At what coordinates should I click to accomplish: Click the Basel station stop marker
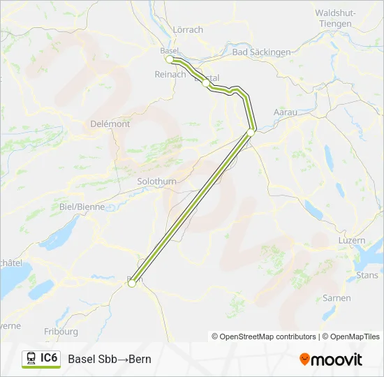pyautogui.click(x=170, y=59)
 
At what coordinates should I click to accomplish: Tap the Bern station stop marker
pyautogui.click(x=131, y=283)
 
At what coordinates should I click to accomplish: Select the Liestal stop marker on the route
pyautogui.click(x=205, y=82)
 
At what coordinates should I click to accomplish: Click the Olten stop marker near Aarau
pyautogui.click(x=251, y=131)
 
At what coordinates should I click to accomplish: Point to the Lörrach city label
pyautogui.click(x=187, y=29)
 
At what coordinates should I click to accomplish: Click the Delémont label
pyautogui.click(x=110, y=124)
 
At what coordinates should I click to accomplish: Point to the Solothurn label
pyautogui.click(x=157, y=182)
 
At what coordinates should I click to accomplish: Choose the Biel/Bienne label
pyautogui.click(x=82, y=207)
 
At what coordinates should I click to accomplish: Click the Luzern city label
pyautogui.click(x=351, y=240)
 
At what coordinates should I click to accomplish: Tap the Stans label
pyautogui.click(x=367, y=275)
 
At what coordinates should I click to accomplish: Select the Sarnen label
pyautogui.click(x=337, y=297)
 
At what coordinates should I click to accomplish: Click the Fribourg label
pyautogui.click(x=61, y=332)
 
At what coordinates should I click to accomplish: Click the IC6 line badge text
pyautogui.click(x=49, y=358)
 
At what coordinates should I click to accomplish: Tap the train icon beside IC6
pyautogui.click(x=31, y=359)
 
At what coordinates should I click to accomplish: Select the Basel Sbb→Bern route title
pyautogui.click(x=109, y=360)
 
